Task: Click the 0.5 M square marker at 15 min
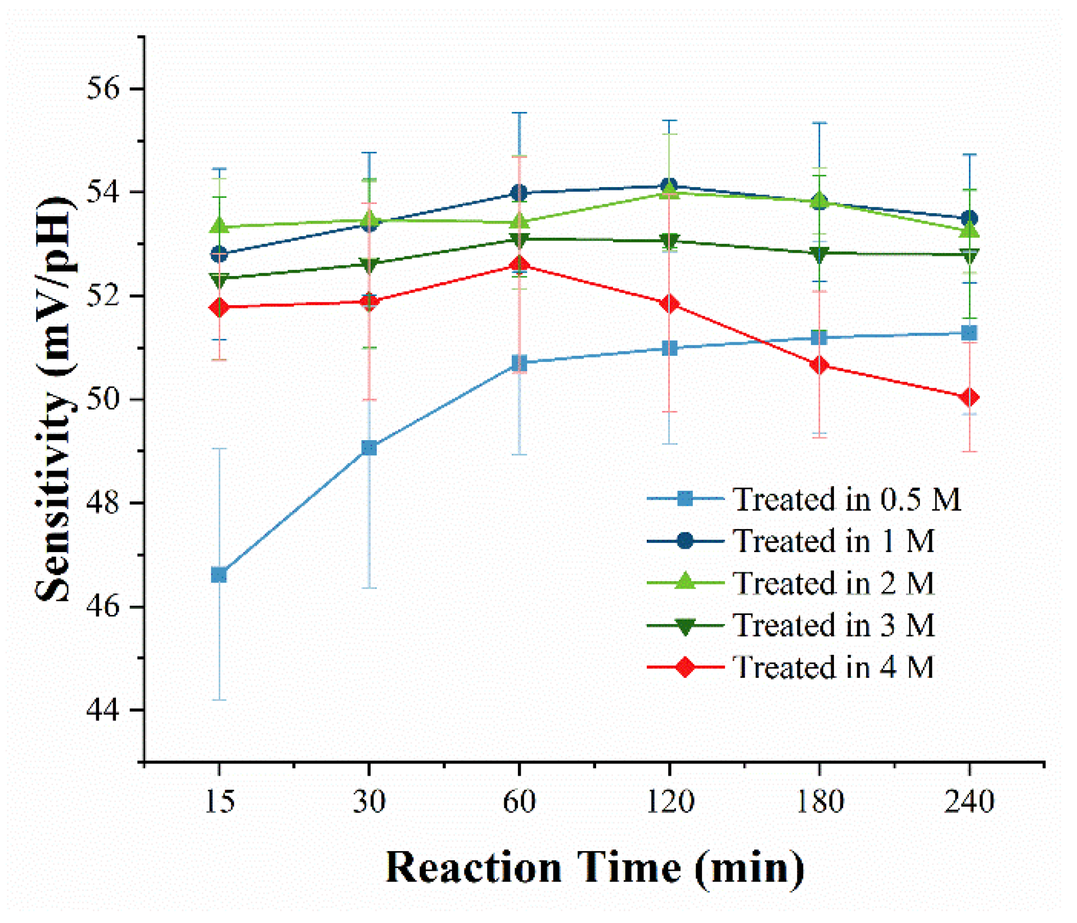pos(219,575)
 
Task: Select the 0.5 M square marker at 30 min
pos(369,448)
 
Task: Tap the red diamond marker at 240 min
pos(969,397)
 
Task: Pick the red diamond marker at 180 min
pos(819,365)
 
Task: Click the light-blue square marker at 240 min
pos(969,333)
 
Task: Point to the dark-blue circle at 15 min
pos(219,254)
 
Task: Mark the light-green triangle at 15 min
pos(219,226)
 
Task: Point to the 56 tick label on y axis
pos(103,89)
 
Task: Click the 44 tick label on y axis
pos(103,710)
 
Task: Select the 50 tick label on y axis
pos(103,400)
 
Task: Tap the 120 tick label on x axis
pos(669,801)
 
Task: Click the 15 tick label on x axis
pos(219,801)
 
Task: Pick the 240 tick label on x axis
pos(969,801)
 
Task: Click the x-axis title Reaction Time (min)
pos(594,867)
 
